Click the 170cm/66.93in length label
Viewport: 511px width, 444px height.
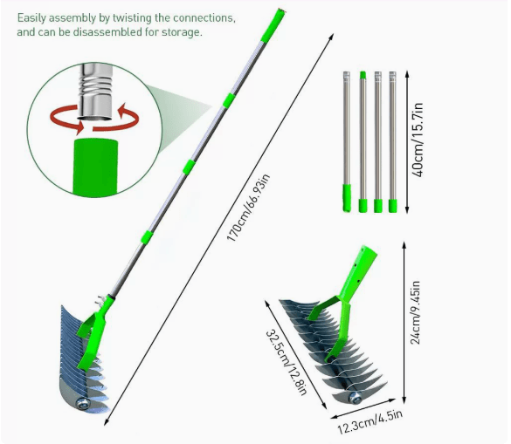249,208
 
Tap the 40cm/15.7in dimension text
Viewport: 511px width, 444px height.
418,140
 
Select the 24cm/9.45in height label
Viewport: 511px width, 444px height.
415,312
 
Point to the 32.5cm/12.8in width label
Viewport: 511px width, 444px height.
287,362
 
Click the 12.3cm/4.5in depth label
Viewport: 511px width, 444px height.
370,421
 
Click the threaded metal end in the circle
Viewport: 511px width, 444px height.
96,92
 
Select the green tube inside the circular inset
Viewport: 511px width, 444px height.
95,167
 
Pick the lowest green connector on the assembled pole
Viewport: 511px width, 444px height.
147,236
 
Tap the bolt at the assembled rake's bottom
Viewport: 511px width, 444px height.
81,404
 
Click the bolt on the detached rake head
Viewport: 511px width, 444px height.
355,398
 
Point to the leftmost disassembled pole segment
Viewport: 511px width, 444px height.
347,141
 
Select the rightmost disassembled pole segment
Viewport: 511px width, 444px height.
393,142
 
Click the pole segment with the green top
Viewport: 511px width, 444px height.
363,142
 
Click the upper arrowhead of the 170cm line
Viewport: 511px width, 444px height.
331,36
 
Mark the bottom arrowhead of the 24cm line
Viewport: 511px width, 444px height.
404,400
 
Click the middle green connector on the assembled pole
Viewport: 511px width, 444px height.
189,167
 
